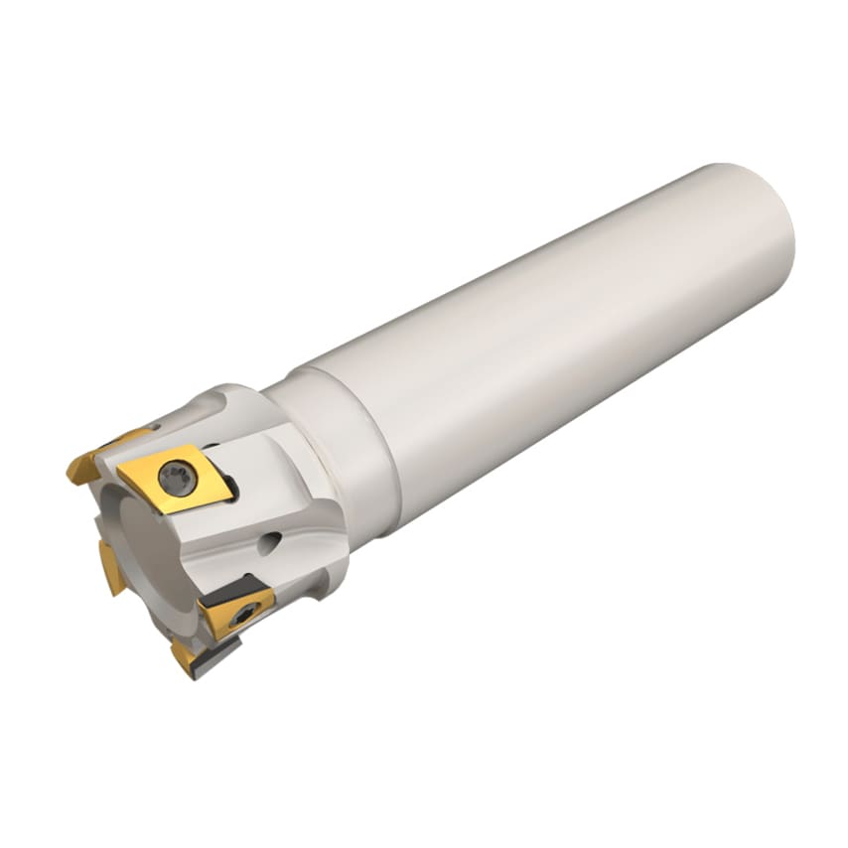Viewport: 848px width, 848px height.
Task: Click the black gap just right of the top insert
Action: coord(230,486)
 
